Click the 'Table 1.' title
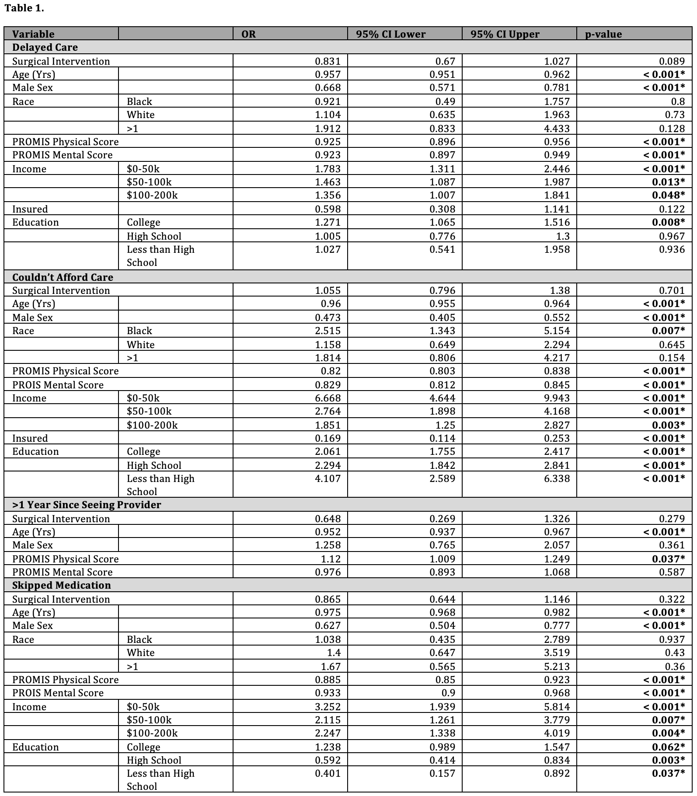(24, 8)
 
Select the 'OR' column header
(248, 34)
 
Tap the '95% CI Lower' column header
(390, 34)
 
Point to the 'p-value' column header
(603, 34)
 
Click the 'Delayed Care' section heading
(45, 47)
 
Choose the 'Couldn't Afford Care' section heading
(63, 277)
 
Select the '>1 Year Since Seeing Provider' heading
(87, 505)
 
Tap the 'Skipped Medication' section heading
(62, 585)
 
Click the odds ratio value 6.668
(328, 398)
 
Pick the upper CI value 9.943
(557, 398)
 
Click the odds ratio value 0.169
(328, 438)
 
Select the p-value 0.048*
(668, 195)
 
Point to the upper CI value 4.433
(557, 129)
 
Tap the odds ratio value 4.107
(328, 478)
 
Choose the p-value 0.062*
(668, 747)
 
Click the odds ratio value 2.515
(328, 331)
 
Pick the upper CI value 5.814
(557, 707)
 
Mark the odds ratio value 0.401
(328, 773)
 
